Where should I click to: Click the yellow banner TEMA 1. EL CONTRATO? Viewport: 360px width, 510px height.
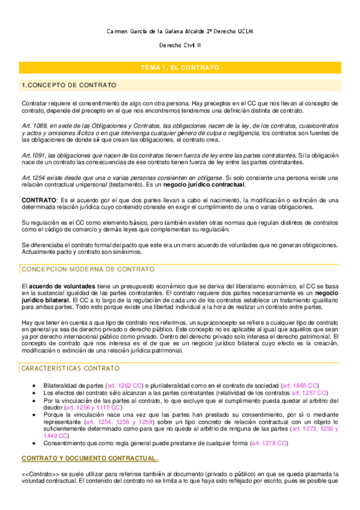coord(180,68)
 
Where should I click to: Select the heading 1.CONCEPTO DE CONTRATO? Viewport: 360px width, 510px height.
coord(69,85)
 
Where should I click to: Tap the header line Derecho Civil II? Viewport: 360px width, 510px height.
coord(180,46)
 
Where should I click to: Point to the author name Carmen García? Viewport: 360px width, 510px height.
coord(129,31)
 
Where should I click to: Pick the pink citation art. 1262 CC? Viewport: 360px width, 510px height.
coord(124,385)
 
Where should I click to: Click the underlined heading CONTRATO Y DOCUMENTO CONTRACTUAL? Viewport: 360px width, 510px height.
coord(90,459)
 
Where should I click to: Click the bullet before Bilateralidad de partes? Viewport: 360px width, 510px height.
coord(37,385)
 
